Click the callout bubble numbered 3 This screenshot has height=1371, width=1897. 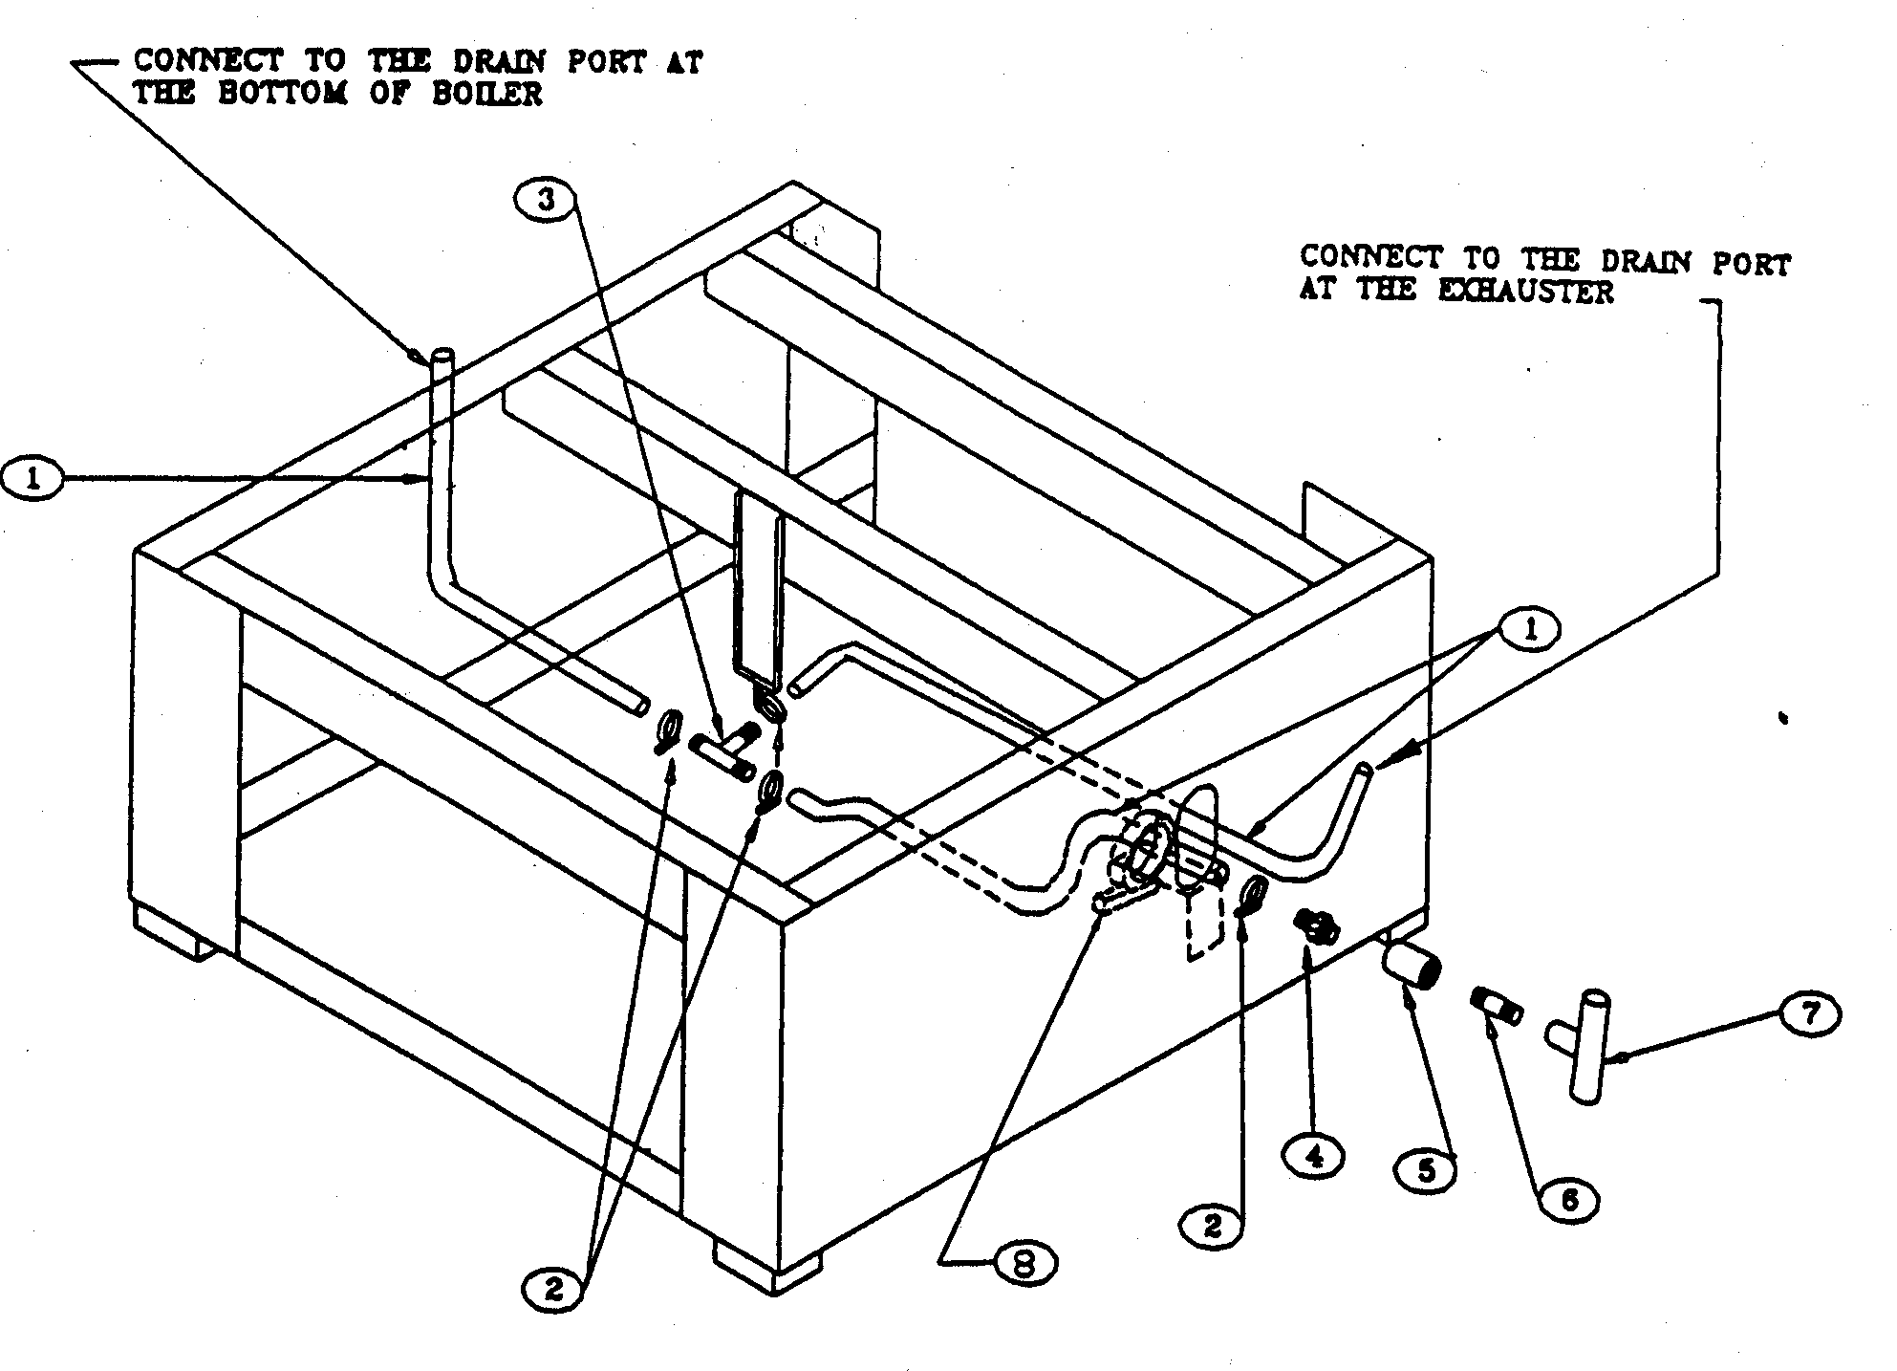click(545, 202)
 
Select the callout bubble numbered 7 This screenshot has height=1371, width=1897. click(1809, 1014)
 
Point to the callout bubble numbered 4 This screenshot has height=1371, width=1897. click(1314, 1156)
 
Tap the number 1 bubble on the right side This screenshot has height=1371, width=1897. click(1530, 630)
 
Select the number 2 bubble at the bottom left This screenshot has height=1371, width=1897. click(554, 1291)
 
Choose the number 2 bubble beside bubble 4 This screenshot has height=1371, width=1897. click(1212, 1225)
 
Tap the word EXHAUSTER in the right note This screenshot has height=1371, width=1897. click(1525, 291)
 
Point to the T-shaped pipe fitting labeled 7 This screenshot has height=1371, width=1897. click(1586, 1047)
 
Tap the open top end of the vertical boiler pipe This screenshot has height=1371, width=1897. click(442, 359)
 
